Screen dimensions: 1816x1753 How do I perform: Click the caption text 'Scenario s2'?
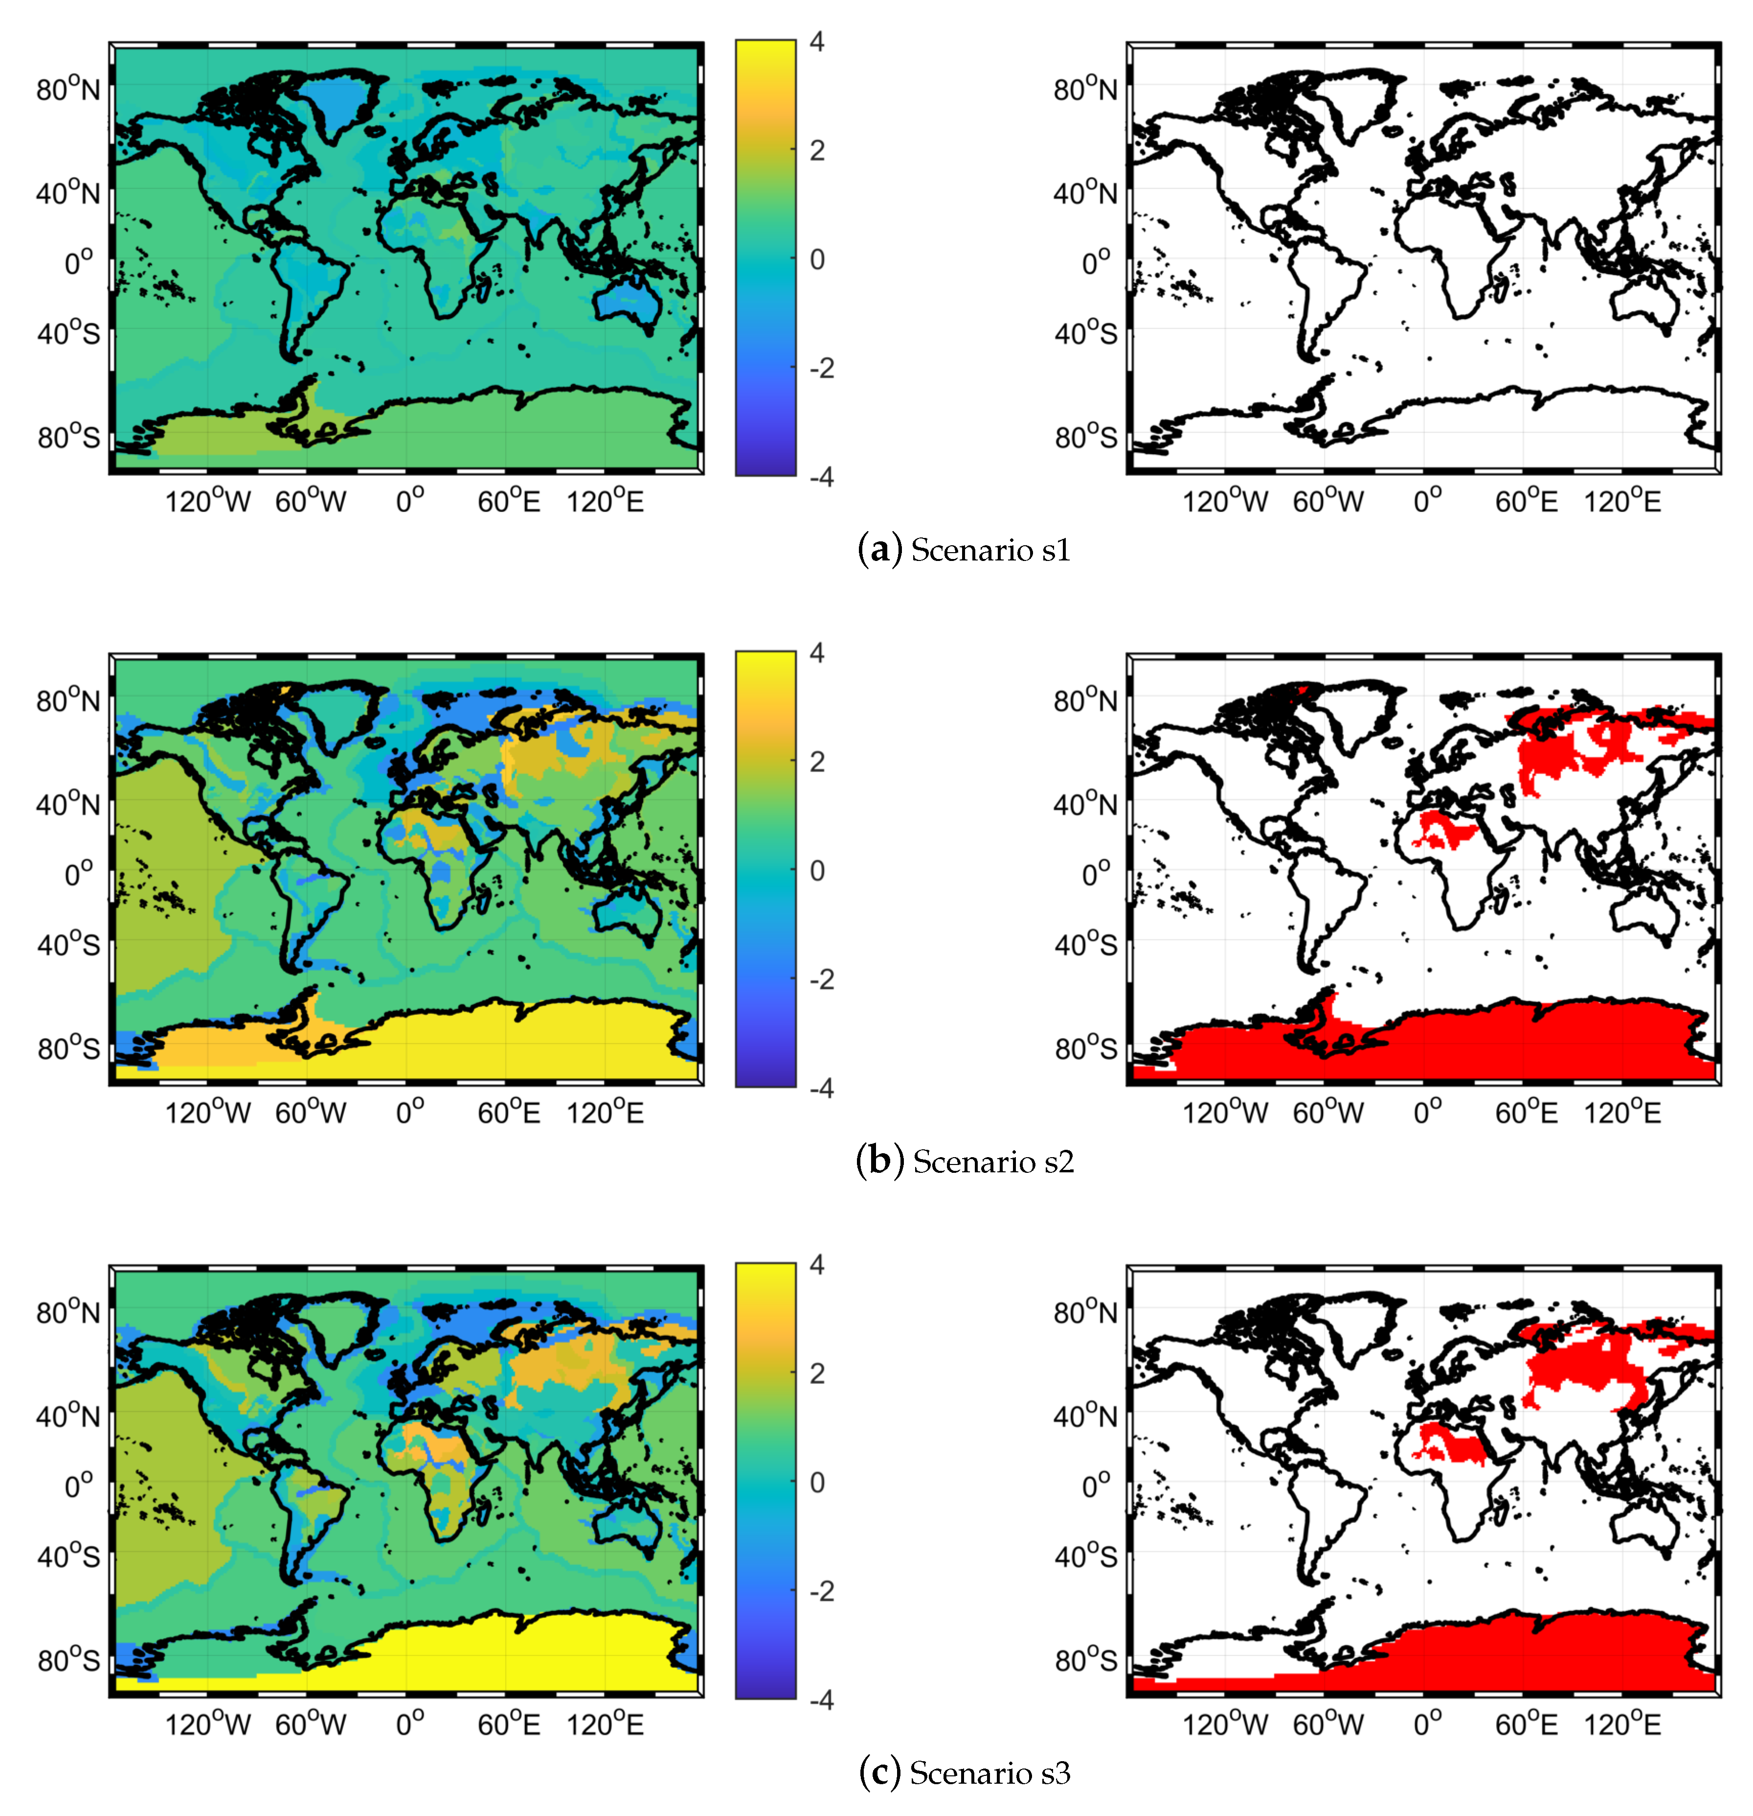pyautogui.click(x=993, y=1162)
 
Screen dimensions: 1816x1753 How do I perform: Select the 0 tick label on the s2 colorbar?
pyautogui.click(x=816, y=871)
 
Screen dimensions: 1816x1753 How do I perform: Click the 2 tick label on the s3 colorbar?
pyautogui.click(x=816, y=1373)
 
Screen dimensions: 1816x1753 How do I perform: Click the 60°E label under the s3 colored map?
pyautogui.click(x=508, y=1724)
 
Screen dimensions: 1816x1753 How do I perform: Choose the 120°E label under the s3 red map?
pyautogui.click(x=1621, y=1724)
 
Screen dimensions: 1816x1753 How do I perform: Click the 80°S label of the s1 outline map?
pyautogui.click(x=1085, y=437)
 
